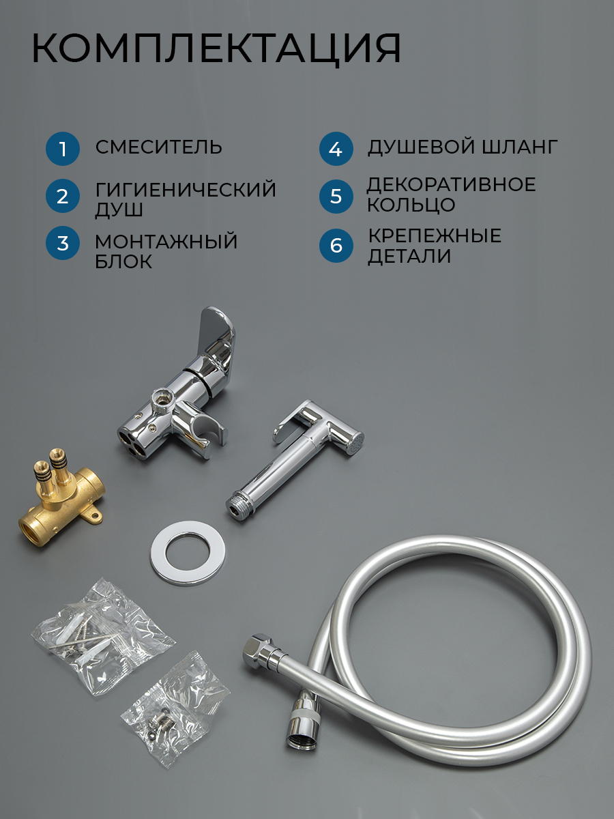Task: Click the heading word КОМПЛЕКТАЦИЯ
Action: coord(216,49)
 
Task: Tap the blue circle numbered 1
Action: coord(63,149)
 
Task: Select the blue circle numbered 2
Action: coord(63,196)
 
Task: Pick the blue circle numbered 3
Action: coord(63,243)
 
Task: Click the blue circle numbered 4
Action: coord(336,149)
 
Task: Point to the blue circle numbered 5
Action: coord(336,196)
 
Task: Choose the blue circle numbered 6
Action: coord(336,246)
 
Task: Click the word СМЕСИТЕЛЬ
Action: coord(159,147)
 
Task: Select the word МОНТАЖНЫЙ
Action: coord(166,241)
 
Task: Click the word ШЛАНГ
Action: coord(519,147)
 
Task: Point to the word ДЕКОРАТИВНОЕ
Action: coord(452,184)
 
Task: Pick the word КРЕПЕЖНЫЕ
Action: coord(435,236)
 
